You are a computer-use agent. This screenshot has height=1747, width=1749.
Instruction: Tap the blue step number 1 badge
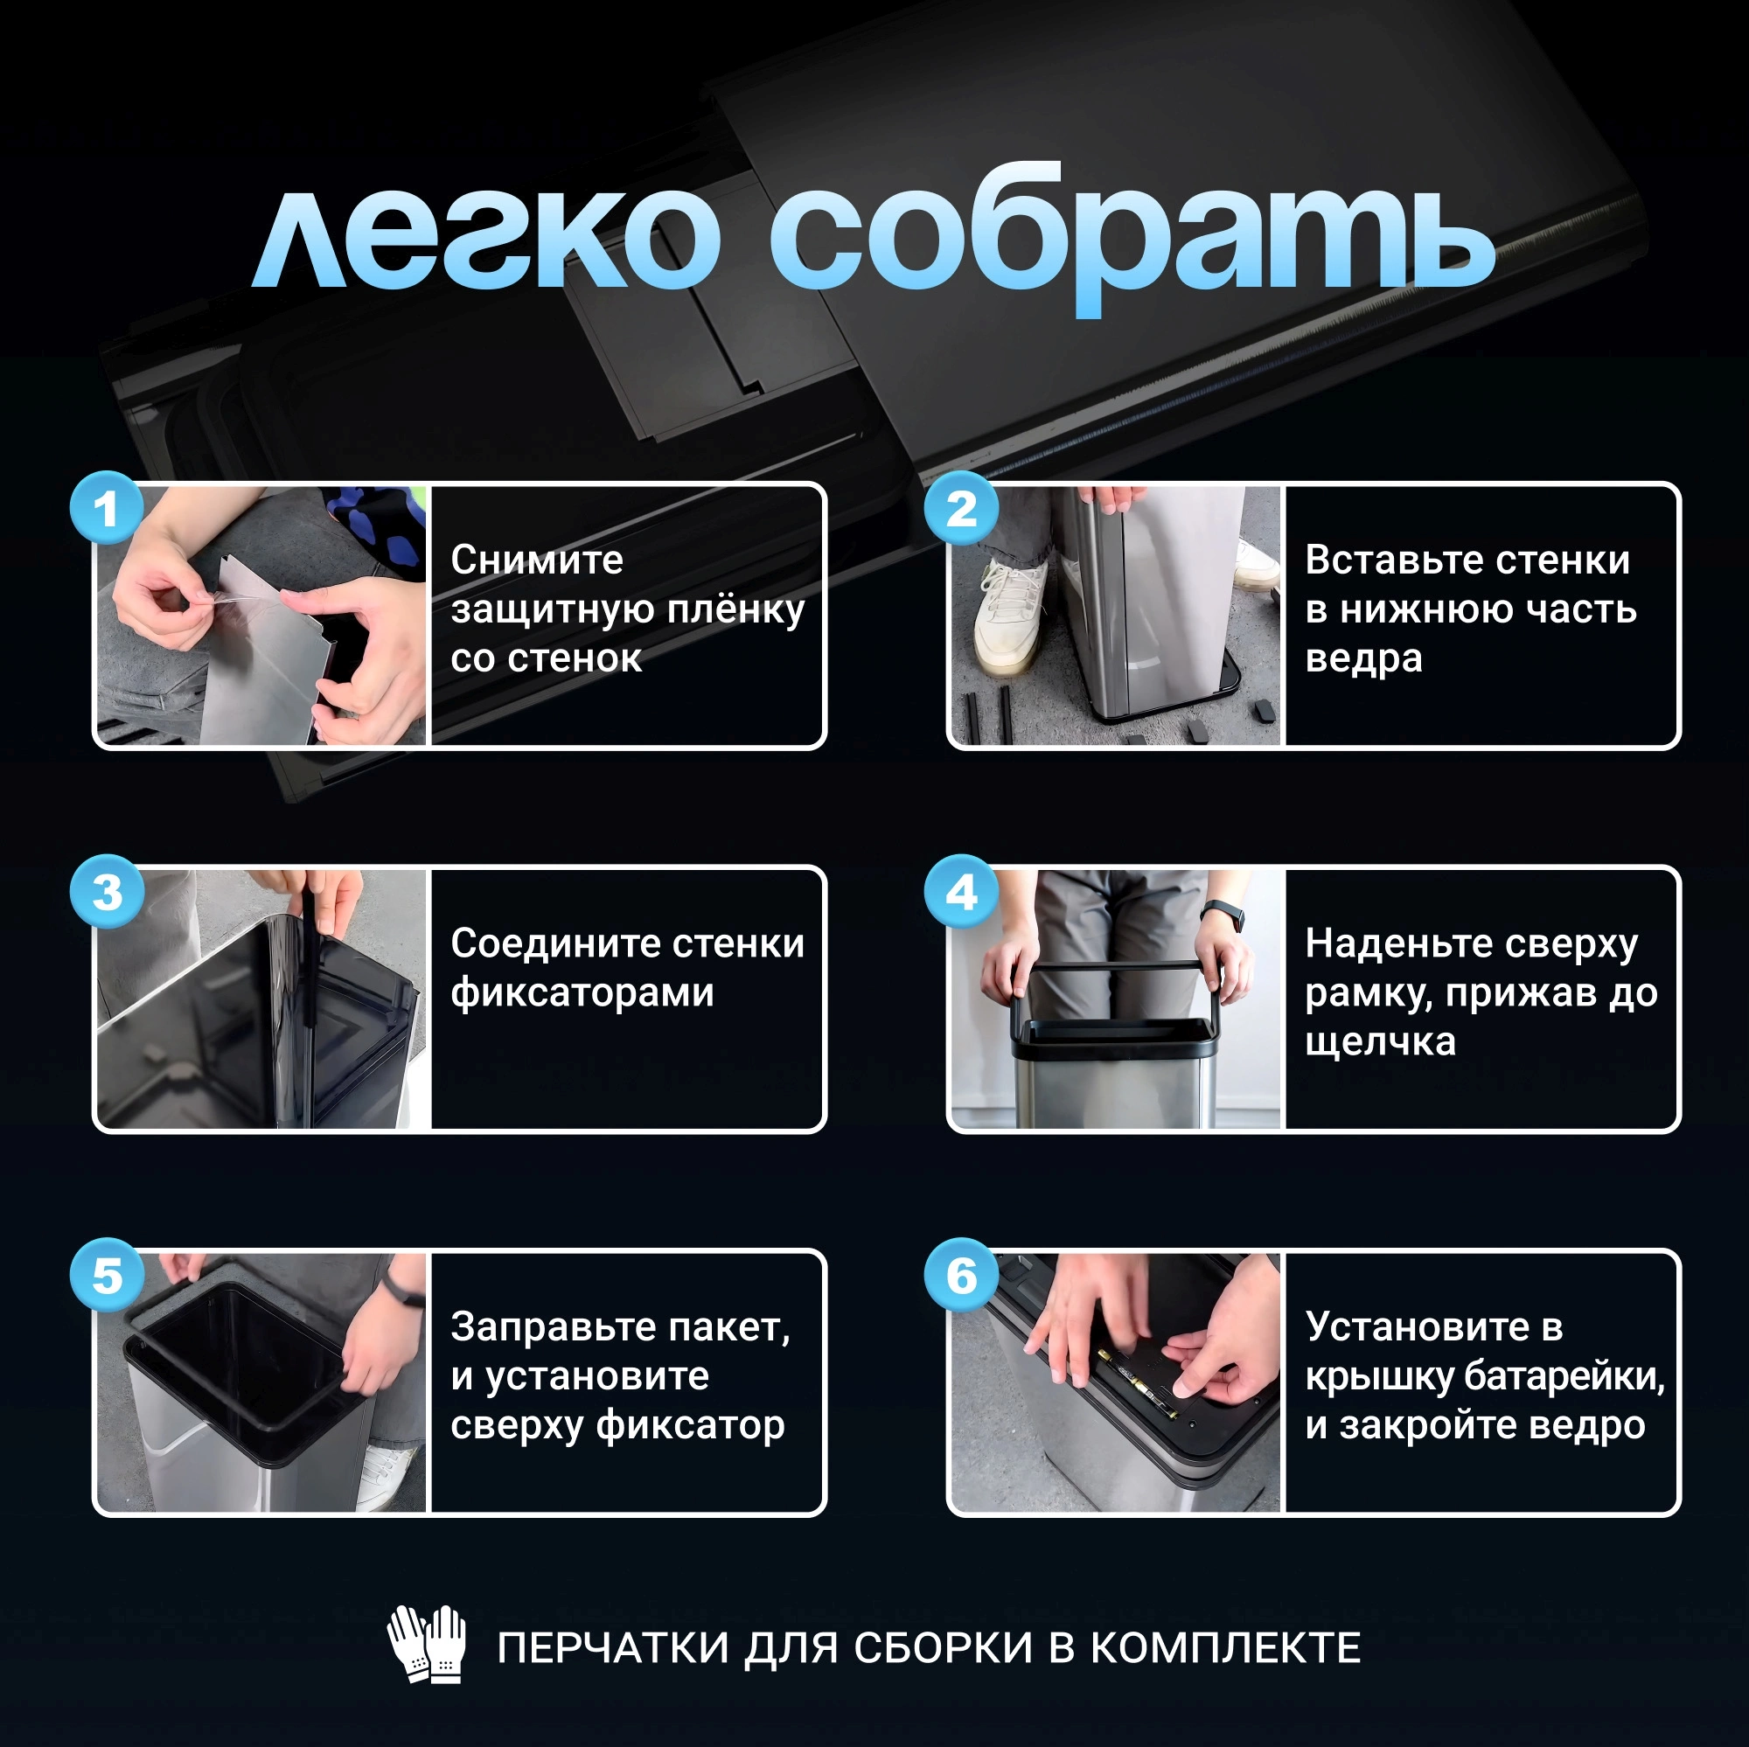coord(107,508)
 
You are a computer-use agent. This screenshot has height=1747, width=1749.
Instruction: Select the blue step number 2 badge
coord(961,508)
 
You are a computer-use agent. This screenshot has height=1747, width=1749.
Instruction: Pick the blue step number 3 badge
coord(107,892)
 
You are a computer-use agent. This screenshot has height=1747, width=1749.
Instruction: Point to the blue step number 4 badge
coord(961,892)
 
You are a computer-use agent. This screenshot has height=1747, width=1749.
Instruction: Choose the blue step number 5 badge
coord(107,1276)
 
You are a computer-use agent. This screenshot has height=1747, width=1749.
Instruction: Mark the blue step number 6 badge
coord(961,1276)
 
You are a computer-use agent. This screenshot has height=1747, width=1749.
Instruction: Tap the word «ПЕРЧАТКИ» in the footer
coord(613,1647)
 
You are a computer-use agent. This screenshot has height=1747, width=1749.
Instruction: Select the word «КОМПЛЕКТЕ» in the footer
coord(1225,1647)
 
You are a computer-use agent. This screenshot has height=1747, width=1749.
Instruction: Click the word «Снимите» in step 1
coord(537,560)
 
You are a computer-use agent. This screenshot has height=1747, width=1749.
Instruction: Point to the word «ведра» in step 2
coord(1363,660)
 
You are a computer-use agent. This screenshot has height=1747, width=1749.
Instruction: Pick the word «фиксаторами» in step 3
coord(582,993)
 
